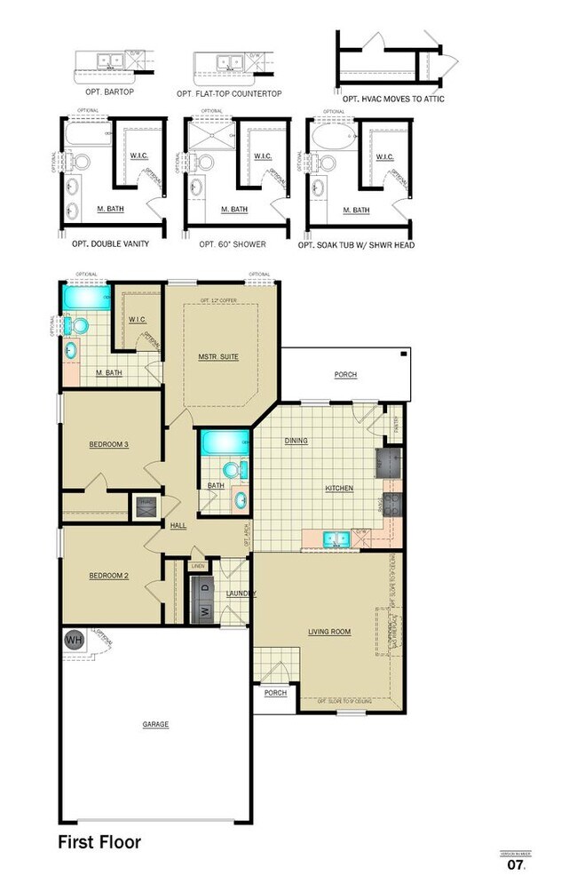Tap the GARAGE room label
(155, 724)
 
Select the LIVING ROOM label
(329, 633)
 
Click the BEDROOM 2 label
(108, 576)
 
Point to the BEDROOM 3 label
(109, 444)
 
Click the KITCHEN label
(339, 489)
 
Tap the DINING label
(296, 441)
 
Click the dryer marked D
(204, 588)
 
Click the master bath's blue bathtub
(85, 296)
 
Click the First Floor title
(99, 841)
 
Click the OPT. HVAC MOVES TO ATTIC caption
(390, 99)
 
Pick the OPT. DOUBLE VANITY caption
(104, 243)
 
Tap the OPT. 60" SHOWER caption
(233, 243)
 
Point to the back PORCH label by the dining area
(345, 375)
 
